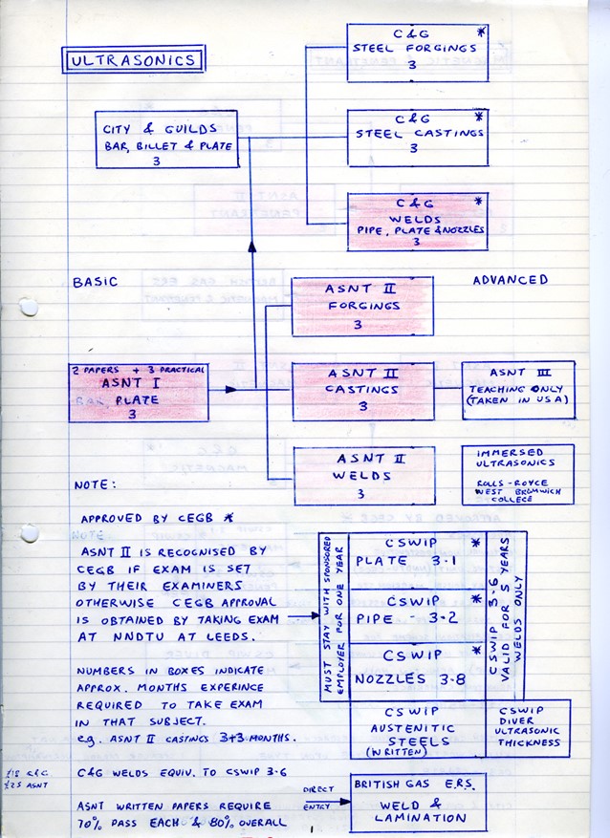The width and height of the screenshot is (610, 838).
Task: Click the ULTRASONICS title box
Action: pos(133,60)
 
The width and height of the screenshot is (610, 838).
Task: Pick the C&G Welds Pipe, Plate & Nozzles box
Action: pos(417,221)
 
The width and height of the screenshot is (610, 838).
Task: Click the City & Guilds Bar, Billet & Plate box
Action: pos(166,140)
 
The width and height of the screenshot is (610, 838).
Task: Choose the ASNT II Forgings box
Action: pos(361,307)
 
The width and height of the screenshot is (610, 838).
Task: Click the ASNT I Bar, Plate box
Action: pos(138,393)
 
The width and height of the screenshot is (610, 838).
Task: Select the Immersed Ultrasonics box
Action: pos(517,474)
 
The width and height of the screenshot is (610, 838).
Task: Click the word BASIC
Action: pos(96,282)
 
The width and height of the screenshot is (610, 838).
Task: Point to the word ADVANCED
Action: pos(511,280)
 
